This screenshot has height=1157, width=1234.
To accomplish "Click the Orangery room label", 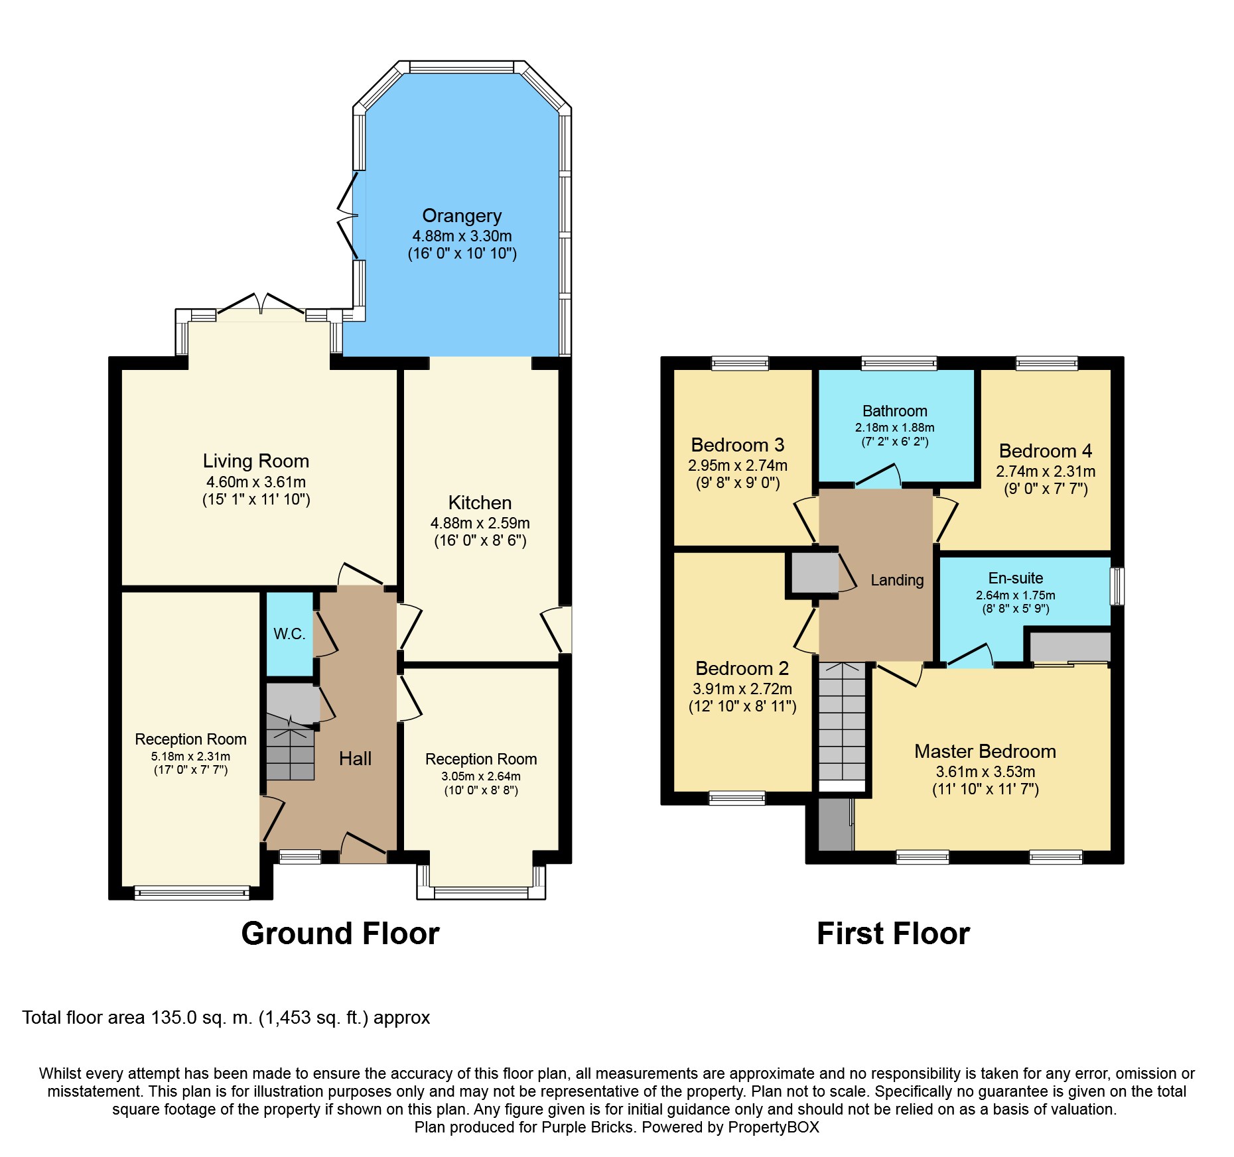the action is pos(462,216).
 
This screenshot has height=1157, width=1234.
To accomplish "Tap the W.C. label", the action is pos(289,634).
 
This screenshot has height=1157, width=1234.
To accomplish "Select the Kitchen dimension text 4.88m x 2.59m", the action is pos(480,523).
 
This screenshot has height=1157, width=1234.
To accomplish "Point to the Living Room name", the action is pos(256,461).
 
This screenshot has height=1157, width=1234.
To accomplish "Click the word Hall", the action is pos(355,759).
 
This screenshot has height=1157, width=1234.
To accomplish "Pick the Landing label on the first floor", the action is pos(897,580).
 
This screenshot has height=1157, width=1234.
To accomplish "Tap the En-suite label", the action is pos(1016,578).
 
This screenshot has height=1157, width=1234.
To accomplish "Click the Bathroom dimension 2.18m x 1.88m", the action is pos(894,428).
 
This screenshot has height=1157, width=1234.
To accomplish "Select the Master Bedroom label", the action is pos(985,751).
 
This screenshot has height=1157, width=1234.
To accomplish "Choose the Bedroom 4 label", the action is pos(1046,451).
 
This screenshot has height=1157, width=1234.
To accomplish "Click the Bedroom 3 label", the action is pos(738,445).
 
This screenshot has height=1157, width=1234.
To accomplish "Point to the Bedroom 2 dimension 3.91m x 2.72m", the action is pos(742,689).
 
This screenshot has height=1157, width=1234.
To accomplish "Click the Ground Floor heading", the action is pos(340,934).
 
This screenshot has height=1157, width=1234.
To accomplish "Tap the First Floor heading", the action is pos(893,934).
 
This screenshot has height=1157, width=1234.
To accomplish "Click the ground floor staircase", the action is pos(291,747).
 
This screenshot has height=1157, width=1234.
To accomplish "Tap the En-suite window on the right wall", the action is pos(1118,586).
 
